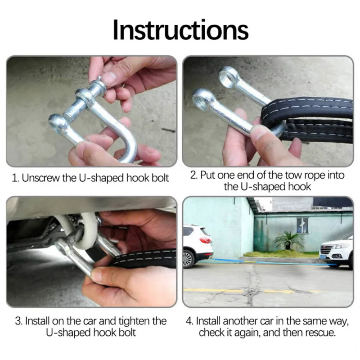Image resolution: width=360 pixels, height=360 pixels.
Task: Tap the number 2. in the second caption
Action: (193, 175)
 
